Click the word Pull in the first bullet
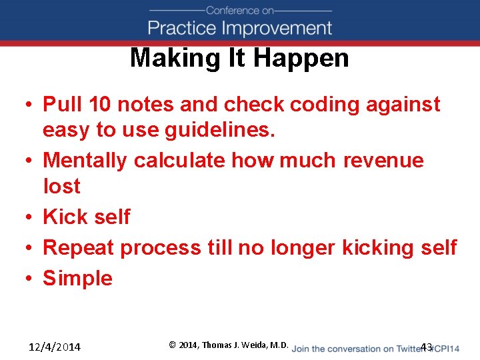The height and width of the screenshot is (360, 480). point(61,105)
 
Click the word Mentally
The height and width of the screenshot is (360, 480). point(85,161)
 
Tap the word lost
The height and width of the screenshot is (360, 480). point(61,186)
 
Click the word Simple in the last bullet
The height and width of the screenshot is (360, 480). point(77,278)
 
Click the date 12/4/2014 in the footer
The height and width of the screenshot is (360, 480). point(55,347)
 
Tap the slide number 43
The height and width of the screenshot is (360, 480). point(427,347)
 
